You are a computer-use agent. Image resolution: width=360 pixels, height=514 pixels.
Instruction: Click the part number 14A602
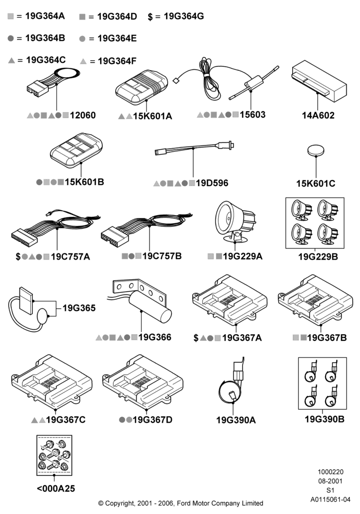[x=318, y=115]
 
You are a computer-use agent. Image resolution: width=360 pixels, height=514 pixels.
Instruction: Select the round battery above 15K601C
[x=316, y=151]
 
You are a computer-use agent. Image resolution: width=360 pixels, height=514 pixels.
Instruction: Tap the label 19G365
[x=79, y=308]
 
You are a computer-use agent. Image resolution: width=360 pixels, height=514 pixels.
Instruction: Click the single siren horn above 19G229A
[x=235, y=222]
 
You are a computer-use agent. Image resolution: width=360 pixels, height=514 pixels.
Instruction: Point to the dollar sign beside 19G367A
[x=196, y=338]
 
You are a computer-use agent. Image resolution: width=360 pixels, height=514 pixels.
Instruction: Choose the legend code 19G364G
[x=184, y=16]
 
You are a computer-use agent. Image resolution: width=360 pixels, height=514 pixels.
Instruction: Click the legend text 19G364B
[x=45, y=38]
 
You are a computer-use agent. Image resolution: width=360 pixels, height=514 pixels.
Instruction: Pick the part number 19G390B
[x=325, y=419]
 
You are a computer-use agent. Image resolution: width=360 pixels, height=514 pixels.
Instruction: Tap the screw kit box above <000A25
[x=54, y=455]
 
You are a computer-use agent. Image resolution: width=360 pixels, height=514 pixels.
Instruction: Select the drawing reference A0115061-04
[x=330, y=500]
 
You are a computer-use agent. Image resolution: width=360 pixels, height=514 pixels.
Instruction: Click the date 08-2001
[x=330, y=481]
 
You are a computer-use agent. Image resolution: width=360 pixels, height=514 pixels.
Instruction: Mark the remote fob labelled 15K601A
[x=141, y=87]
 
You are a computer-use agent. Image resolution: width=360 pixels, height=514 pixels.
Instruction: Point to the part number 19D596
[x=212, y=183]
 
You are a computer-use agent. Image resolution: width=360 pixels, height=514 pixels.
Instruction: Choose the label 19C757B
[x=162, y=256]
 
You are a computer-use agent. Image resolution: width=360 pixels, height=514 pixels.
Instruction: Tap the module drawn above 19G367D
[x=142, y=382]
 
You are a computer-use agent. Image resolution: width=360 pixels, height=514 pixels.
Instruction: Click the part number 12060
[x=83, y=115]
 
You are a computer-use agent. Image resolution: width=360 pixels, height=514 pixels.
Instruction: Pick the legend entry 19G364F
[x=117, y=61]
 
